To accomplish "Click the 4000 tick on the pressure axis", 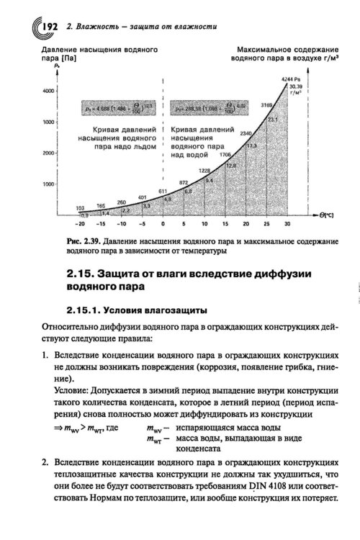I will coord(49,91).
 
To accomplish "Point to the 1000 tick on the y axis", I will coord(49,185).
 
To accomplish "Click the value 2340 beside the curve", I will coord(246,134).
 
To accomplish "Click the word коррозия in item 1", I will coord(215,367).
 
